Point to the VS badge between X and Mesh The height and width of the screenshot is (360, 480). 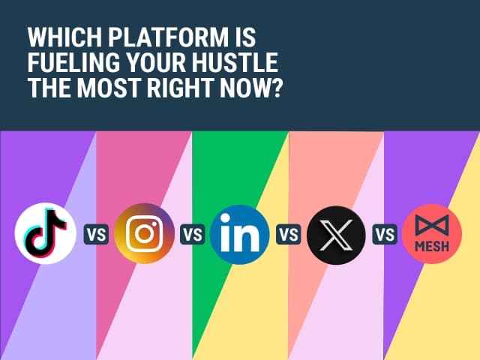385,234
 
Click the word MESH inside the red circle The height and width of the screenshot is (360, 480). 431,247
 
